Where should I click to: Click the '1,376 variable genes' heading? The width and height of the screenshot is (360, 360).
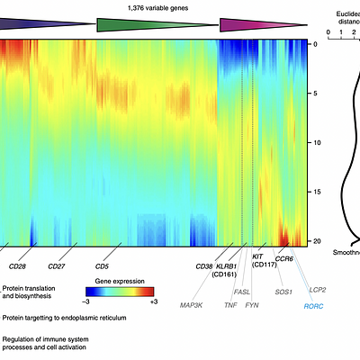point(155,6)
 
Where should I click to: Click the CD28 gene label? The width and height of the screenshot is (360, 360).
point(17,266)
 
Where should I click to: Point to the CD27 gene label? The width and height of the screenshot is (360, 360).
point(56,266)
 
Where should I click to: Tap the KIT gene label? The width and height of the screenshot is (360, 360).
point(257,256)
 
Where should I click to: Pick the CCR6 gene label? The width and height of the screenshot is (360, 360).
point(283,259)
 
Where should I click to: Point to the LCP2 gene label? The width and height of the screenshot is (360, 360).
point(318,290)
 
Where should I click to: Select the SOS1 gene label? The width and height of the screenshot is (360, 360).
point(283,292)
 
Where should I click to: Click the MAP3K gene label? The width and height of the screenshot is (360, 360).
point(191,306)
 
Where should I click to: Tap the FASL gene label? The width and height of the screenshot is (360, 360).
point(242,292)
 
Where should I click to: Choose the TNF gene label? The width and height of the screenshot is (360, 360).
point(230,306)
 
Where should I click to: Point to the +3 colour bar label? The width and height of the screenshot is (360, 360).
point(153,301)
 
